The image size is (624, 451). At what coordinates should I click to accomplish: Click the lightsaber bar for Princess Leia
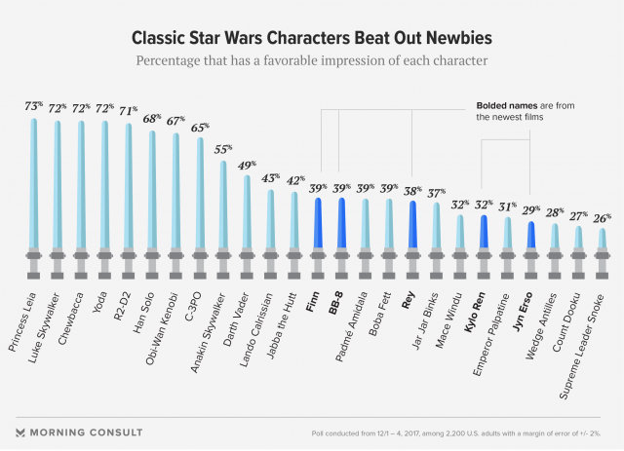pyautogui.click(x=34, y=185)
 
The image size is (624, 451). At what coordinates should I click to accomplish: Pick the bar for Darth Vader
pyautogui.click(x=247, y=211)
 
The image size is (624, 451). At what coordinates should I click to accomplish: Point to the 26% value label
pyautogui.click(x=602, y=218)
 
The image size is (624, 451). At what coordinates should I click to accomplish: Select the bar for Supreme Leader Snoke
pyautogui.click(x=602, y=239)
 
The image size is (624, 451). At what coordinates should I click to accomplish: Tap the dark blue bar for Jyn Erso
pyautogui.click(x=530, y=236)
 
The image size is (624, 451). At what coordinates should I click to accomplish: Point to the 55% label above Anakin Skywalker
pyautogui.click(x=224, y=150)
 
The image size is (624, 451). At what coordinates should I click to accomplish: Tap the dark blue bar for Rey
pyautogui.click(x=412, y=224)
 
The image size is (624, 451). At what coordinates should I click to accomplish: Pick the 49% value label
pyautogui.click(x=248, y=165)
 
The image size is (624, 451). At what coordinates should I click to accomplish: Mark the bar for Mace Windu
pyautogui.click(x=459, y=232)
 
